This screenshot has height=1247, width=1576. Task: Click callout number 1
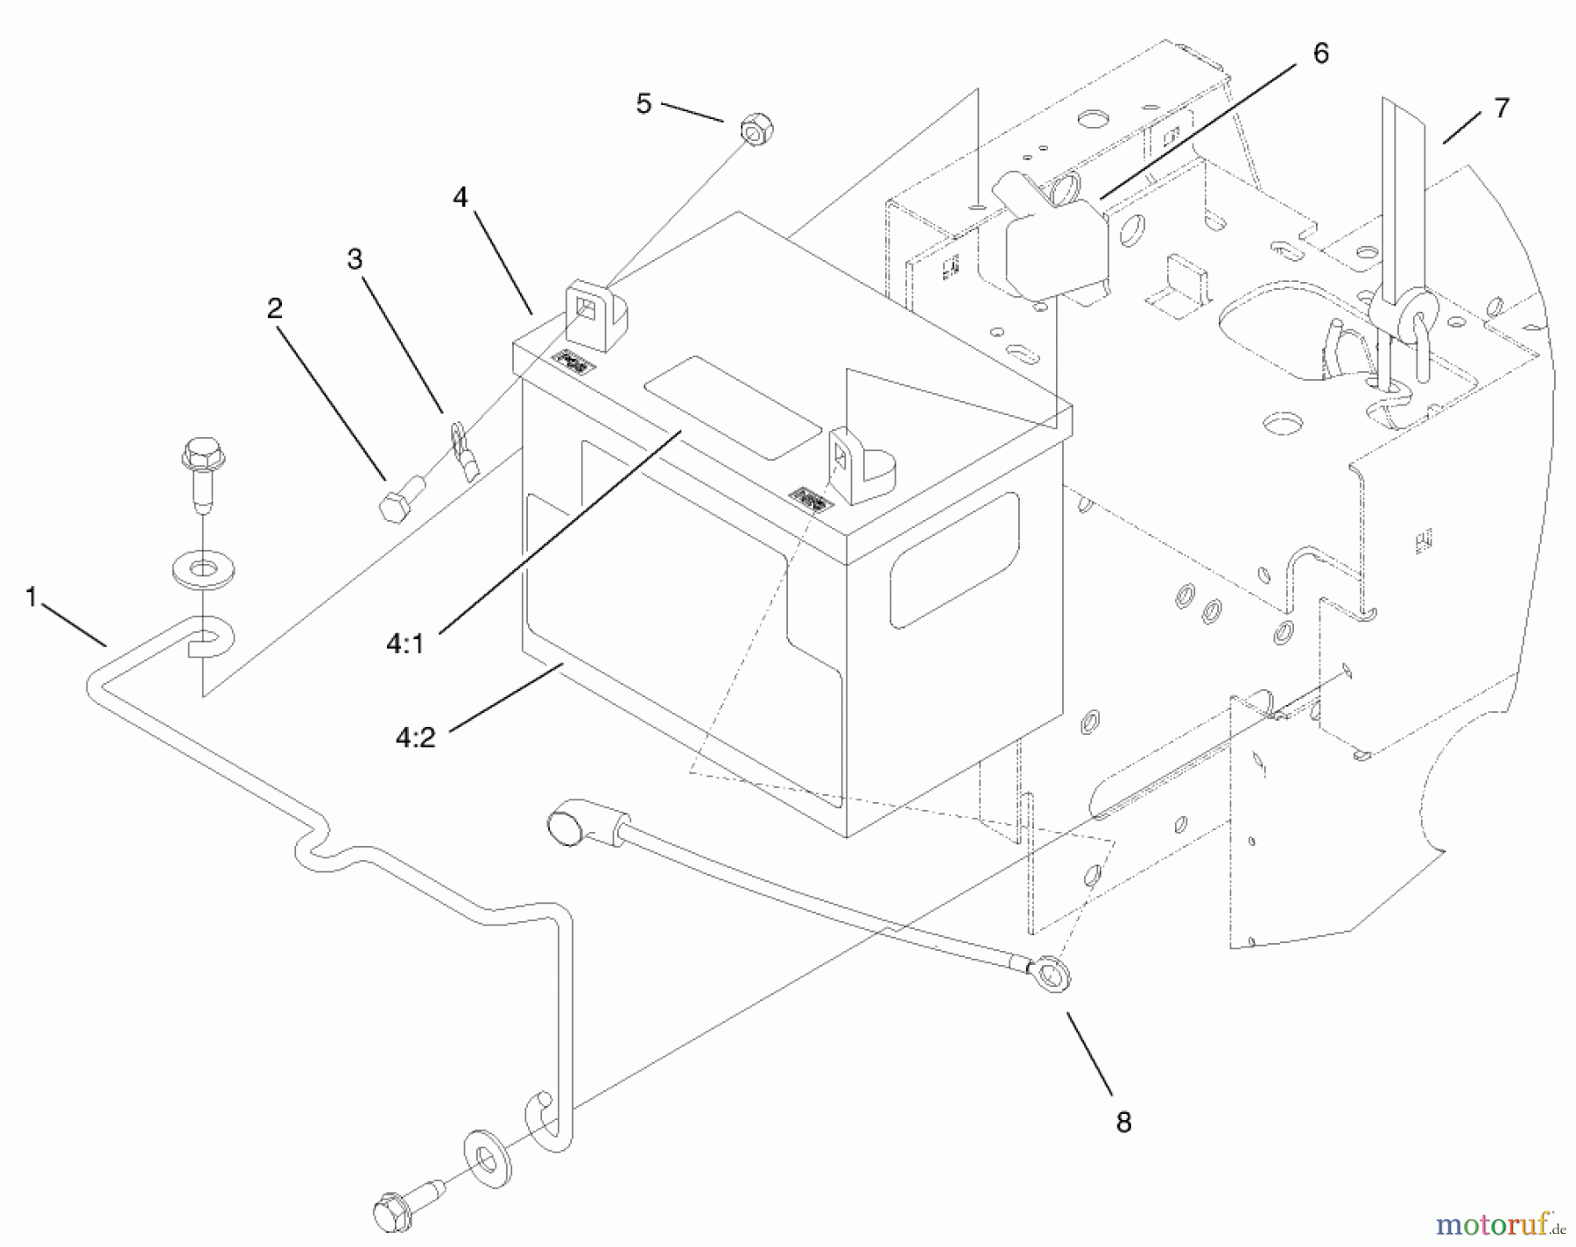tap(32, 598)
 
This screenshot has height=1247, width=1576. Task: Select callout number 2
tap(275, 308)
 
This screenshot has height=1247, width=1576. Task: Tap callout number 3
tap(355, 259)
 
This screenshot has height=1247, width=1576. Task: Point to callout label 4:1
tap(405, 645)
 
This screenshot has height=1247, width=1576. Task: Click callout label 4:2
tap(415, 737)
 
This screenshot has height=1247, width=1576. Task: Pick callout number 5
tap(644, 104)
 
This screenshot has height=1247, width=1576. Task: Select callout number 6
tap(1320, 53)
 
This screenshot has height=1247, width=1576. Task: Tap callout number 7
tap(1502, 108)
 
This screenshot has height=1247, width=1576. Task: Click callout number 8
tap(1123, 1123)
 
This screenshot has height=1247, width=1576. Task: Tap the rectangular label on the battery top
tap(733, 407)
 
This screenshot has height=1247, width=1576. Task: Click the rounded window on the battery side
tap(954, 560)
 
